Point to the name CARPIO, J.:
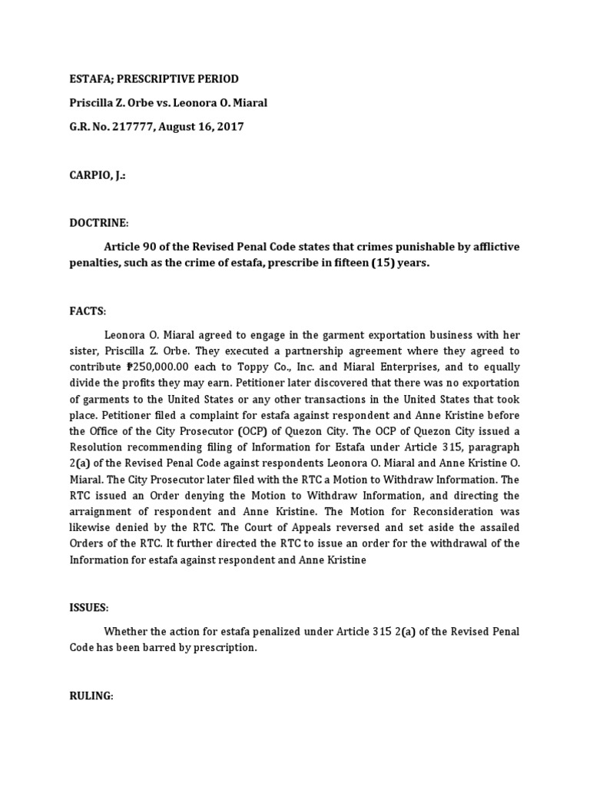98,175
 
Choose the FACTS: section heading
88,310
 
